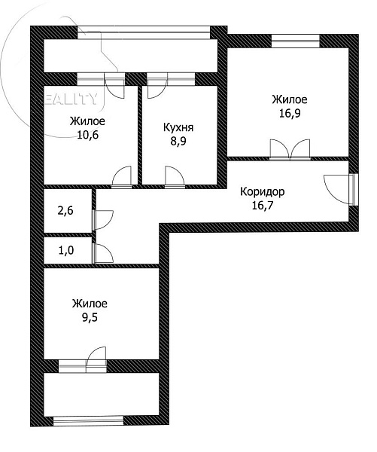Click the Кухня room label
point(178,127)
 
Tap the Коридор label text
point(263,191)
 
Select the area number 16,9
point(290,114)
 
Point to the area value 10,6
point(87,135)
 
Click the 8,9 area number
point(178,142)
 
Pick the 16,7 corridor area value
point(263,206)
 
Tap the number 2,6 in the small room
point(65,211)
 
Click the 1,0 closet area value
point(66,250)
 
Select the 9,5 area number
point(90,318)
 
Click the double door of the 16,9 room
point(290,150)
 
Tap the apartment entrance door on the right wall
point(342,189)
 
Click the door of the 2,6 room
point(102,220)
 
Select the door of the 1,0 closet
point(102,253)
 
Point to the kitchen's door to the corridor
point(175,177)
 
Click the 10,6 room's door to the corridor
point(122,177)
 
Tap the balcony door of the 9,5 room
point(96,360)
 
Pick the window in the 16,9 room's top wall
point(296,41)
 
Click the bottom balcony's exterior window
point(88,420)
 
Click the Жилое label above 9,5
point(90,304)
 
